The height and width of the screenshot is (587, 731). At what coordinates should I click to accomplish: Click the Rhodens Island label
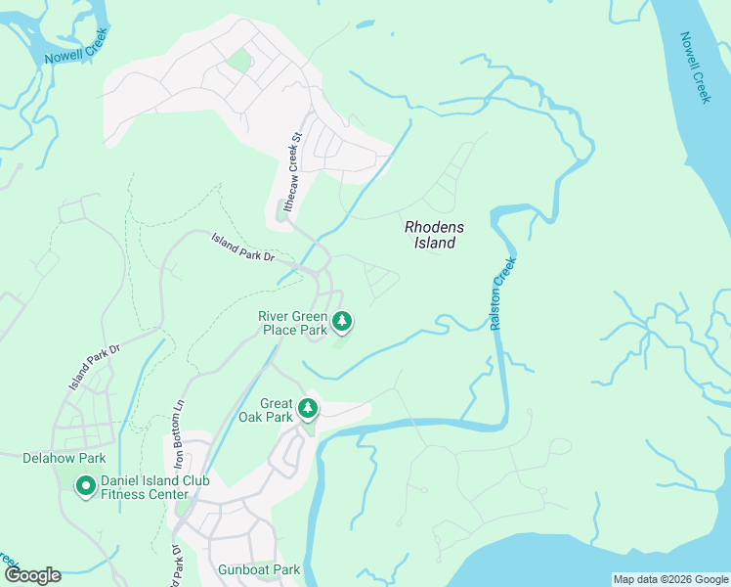point(434,235)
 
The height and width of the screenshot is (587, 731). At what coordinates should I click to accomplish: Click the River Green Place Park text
point(292,323)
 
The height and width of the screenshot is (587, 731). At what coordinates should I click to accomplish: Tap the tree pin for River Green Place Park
point(342,320)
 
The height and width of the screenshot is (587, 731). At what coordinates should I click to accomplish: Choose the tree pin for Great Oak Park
point(308,408)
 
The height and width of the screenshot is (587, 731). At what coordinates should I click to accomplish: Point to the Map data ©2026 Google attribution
point(669,579)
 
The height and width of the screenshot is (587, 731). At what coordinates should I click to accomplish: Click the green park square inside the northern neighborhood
point(237,61)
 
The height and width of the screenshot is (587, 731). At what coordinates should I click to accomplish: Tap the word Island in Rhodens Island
point(434,243)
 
